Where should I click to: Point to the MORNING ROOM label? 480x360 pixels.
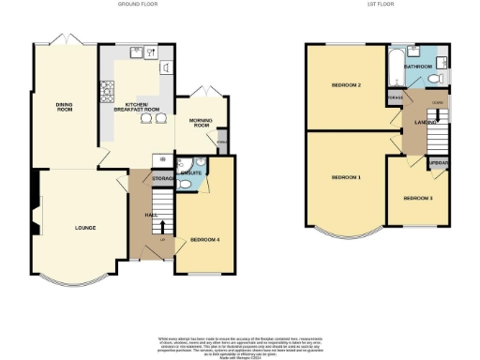[200, 123]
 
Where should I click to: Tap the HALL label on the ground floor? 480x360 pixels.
[151, 215]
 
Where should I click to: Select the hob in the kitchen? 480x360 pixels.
[106, 91]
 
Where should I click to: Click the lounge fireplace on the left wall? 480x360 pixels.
[35, 208]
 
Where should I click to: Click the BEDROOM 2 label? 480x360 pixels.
[346, 85]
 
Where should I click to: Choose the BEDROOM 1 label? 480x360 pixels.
[346, 176]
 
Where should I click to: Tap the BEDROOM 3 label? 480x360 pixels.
[418, 198]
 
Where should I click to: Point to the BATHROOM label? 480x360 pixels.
[418, 67]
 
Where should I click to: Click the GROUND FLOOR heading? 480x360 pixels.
[137, 5]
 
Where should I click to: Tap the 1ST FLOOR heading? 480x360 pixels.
[380, 5]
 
